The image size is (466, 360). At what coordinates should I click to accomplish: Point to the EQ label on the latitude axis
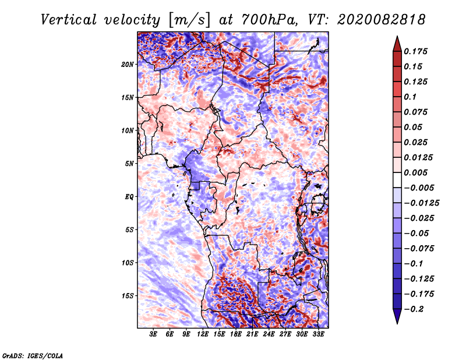click(129, 197)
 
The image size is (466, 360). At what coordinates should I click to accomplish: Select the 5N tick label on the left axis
click(130, 164)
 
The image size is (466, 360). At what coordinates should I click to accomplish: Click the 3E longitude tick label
click(153, 335)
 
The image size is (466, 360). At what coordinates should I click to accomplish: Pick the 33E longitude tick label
click(319, 335)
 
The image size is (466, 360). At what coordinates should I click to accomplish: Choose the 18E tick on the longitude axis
click(236, 335)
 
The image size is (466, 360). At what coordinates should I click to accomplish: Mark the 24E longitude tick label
click(269, 335)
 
